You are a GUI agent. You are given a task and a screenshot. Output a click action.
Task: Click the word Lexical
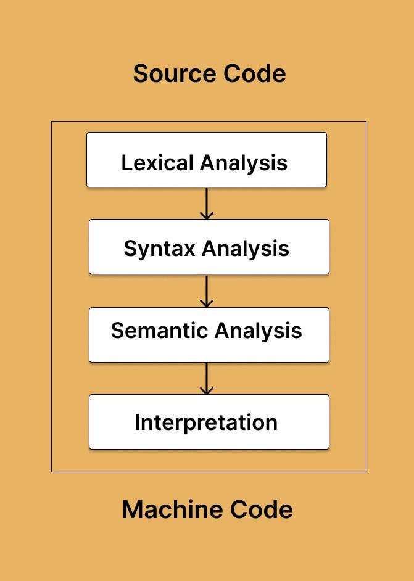pos(157,163)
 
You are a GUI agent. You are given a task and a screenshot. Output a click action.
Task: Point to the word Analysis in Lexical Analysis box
pos(244,163)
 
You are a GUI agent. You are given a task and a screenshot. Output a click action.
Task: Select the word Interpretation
pos(206,423)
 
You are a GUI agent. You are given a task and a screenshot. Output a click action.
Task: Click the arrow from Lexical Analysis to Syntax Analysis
pos(207,203)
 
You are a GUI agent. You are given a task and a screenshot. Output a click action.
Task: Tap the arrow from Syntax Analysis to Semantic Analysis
pos(207,290)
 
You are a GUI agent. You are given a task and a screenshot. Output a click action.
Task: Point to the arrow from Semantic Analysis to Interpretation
pos(207,378)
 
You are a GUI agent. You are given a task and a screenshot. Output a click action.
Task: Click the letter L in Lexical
pos(126,163)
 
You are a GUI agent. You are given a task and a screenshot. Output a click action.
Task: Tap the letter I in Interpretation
pos(138,423)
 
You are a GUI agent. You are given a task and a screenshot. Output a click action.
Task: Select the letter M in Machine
pos(133,510)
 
